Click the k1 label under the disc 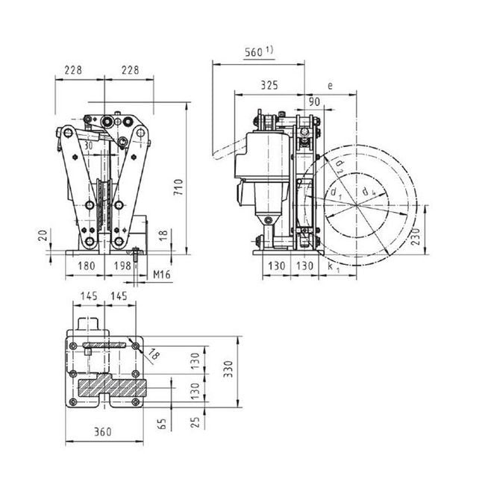tap(332, 266)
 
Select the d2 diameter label tap(339, 165)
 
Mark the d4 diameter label tap(365, 192)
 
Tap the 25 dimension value tap(196, 422)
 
